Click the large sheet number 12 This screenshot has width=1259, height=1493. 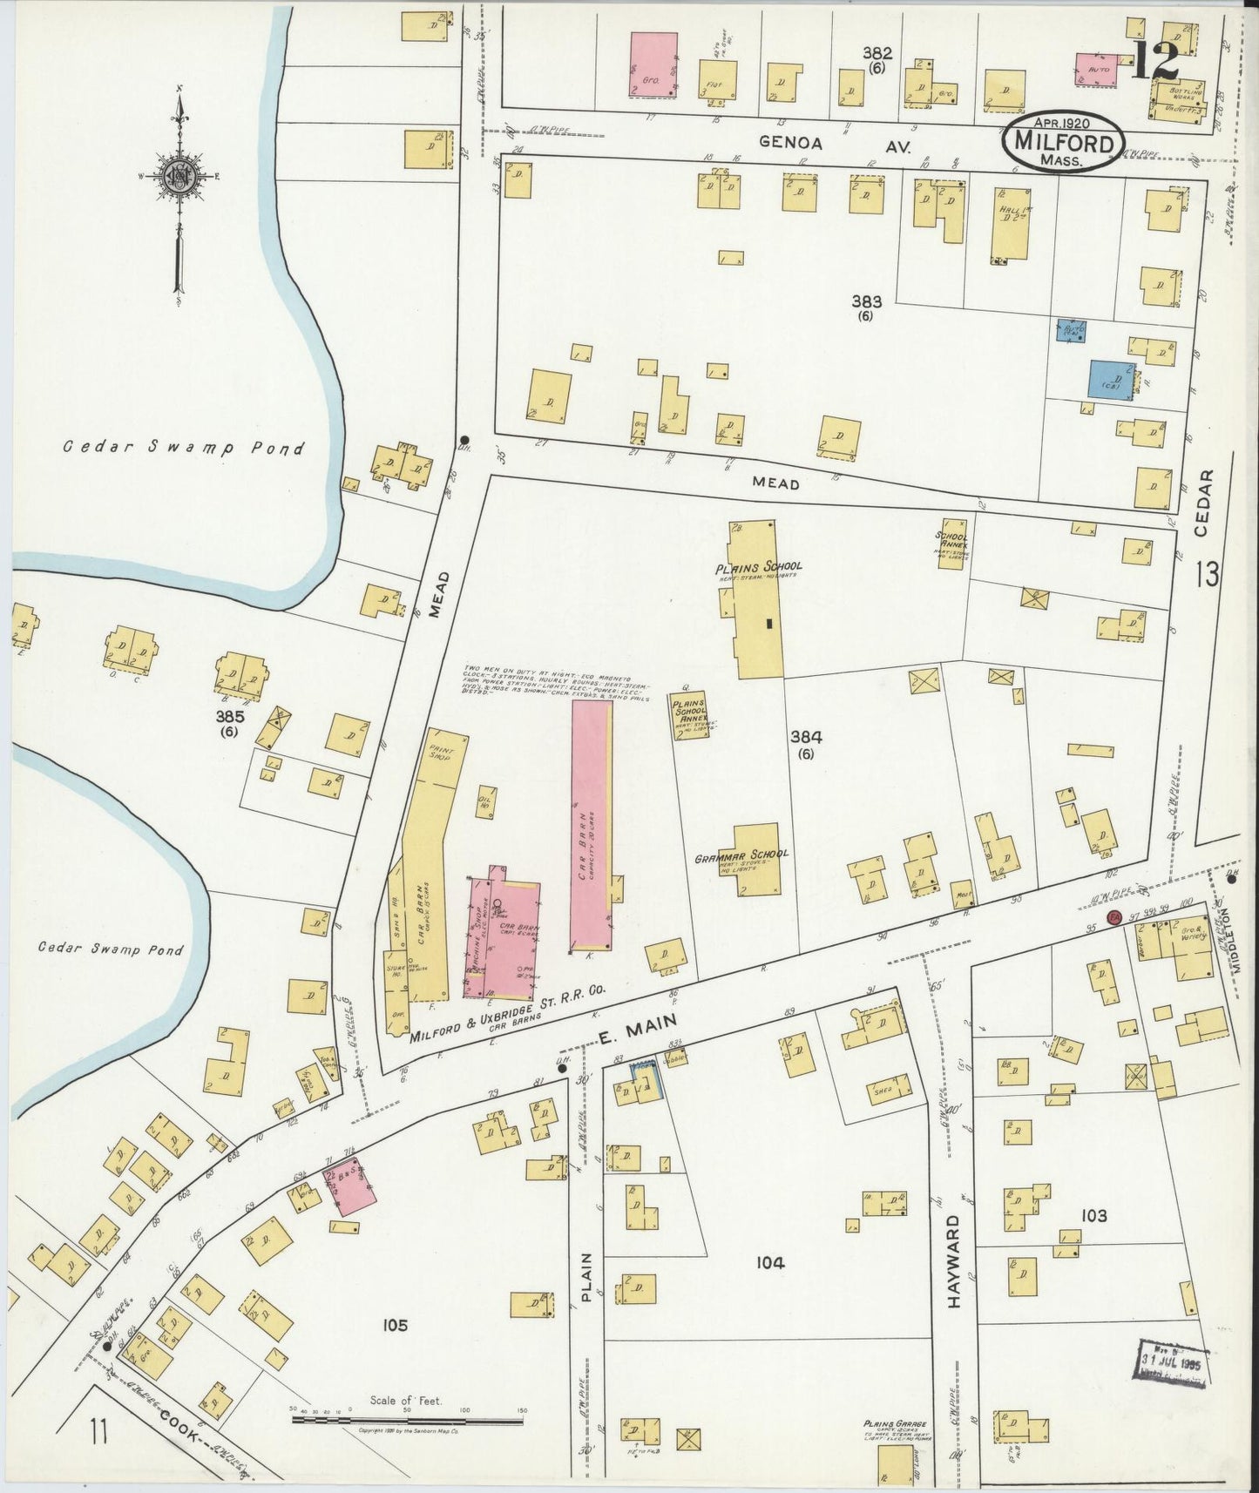click(1157, 59)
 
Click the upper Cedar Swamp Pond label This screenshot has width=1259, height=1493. click(182, 449)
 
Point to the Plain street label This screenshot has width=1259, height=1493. click(586, 1277)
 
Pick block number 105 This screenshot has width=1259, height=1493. click(394, 1326)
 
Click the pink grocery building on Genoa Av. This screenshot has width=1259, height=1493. click(653, 65)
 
